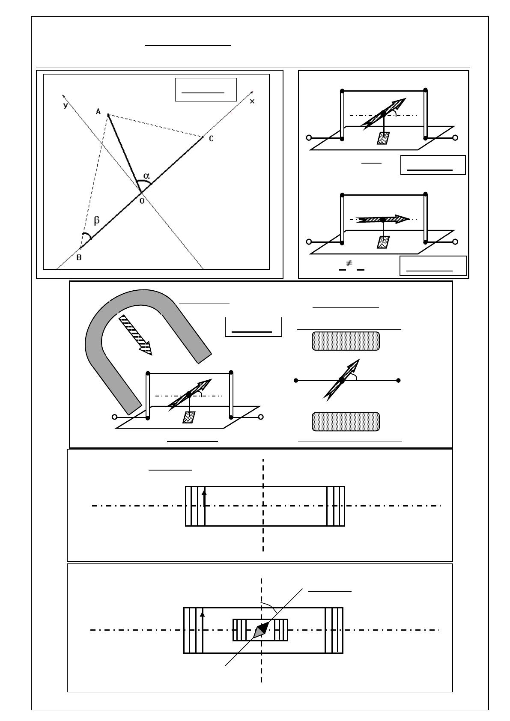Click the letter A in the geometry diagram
tap(98, 112)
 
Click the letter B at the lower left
tap(79, 258)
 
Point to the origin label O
tap(142, 200)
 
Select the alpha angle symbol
tap(147, 175)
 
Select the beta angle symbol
tap(97, 220)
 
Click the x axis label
tap(252, 101)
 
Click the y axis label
tap(66, 105)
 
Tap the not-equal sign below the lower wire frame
tap(349, 264)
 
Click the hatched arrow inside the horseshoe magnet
tap(135, 335)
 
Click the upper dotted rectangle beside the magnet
tap(346, 341)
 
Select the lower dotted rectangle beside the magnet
tap(346, 422)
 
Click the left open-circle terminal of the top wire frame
tap(309, 138)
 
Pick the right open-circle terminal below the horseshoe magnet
tap(261, 417)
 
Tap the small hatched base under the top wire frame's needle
tap(384, 138)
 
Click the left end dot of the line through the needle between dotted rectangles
tap(296, 380)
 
